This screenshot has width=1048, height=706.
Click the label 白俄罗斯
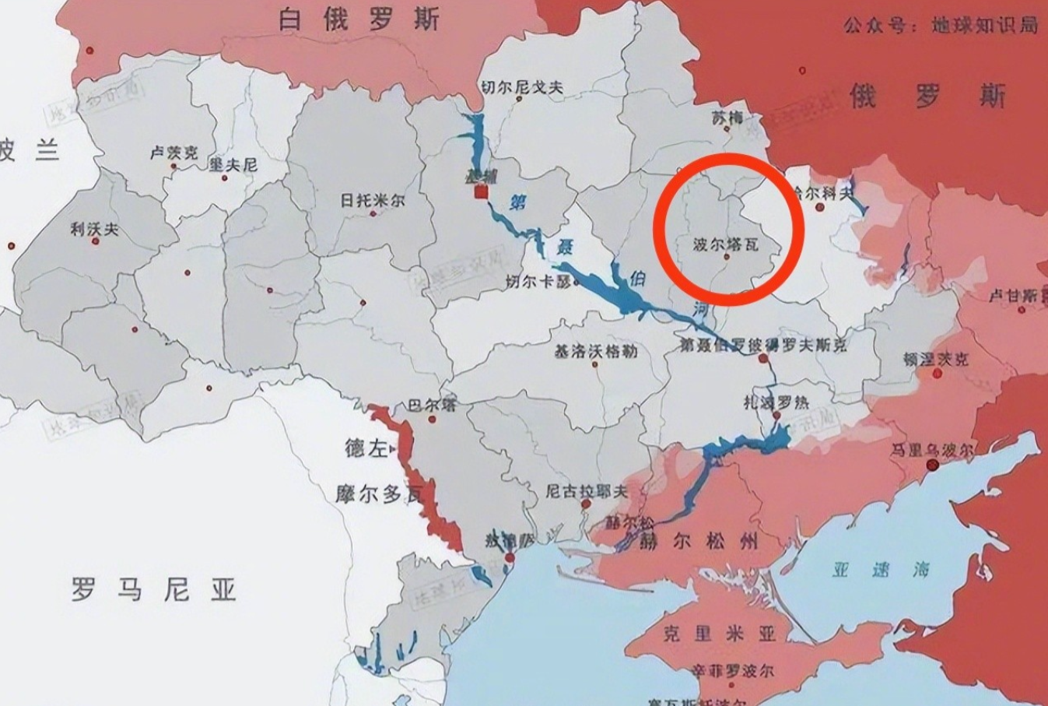359,19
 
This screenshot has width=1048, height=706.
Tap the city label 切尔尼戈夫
521,87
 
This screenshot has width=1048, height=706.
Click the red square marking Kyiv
482,191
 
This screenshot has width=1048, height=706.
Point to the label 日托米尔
373,200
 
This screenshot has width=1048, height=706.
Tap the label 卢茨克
173,153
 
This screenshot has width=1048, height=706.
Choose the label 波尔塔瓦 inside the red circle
725,244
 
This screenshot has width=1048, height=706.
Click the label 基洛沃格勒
595,351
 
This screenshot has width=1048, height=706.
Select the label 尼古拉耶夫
586,490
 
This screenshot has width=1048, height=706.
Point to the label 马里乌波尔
933,450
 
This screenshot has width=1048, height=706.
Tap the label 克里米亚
720,634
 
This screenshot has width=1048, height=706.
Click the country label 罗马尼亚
153,589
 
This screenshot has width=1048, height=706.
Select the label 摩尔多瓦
380,493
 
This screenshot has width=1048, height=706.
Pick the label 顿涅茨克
935,359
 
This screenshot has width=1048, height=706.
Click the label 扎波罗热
776,402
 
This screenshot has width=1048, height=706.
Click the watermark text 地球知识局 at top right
984,25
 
